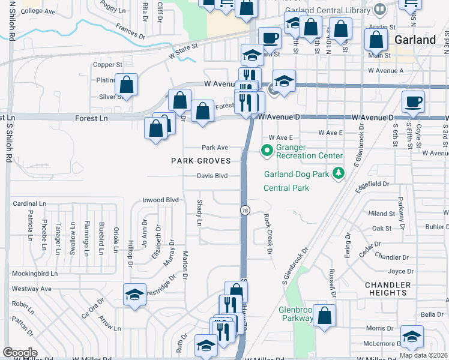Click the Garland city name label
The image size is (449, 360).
(x=415, y=40)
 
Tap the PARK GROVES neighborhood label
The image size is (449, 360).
(x=200, y=161)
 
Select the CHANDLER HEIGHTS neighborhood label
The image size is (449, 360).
(x=390, y=289)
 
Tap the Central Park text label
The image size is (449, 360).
(x=286, y=188)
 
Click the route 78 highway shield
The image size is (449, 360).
(x=245, y=211)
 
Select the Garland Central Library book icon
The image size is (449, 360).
(x=379, y=10)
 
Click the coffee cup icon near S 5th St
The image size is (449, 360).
(x=414, y=101)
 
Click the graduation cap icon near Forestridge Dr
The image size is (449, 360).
(x=134, y=294)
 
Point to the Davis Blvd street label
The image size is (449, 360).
(x=212, y=176)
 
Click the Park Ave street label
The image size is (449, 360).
(x=215, y=147)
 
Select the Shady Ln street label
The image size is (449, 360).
(x=200, y=213)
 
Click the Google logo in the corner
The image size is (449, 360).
(x=20, y=353)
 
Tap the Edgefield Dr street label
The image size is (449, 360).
(x=372, y=185)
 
